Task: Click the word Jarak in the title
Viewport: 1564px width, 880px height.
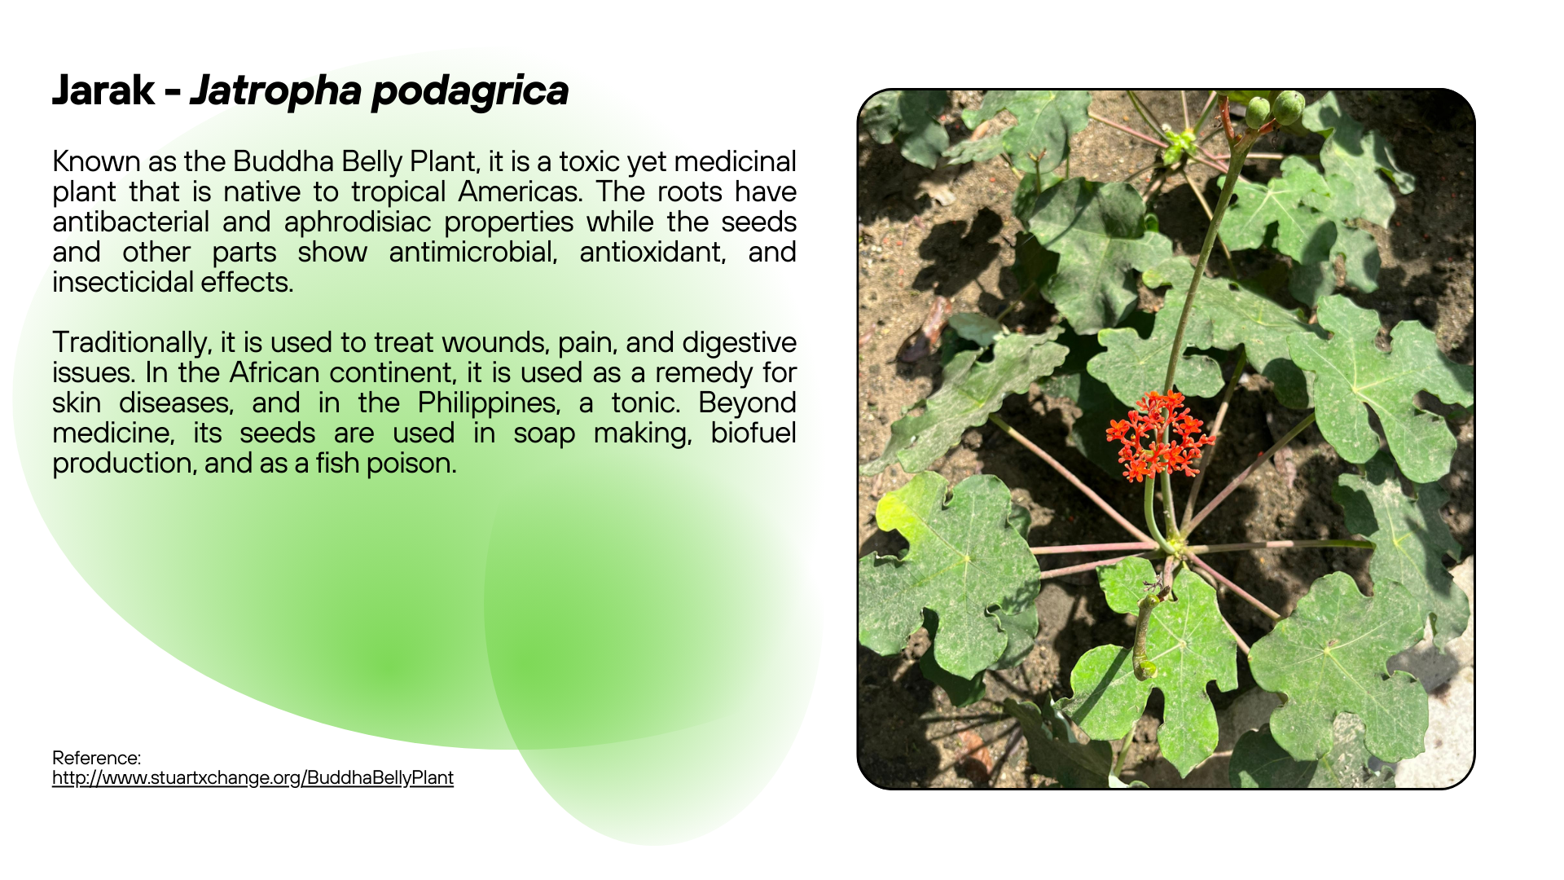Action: click(x=103, y=90)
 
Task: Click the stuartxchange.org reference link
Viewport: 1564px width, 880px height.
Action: click(x=253, y=777)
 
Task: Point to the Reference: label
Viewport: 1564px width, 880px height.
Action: click(x=97, y=758)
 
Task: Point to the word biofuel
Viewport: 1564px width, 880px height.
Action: click(x=753, y=433)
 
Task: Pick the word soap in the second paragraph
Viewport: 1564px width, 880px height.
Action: click(x=544, y=433)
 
